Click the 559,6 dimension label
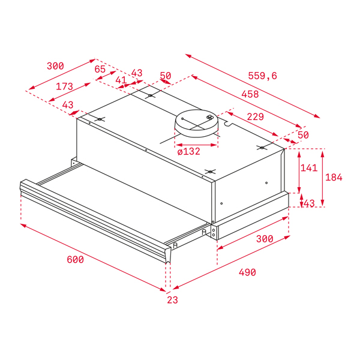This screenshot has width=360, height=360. [262, 76]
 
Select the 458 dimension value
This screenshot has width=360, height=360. [250, 94]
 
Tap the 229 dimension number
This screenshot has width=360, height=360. [256, 117]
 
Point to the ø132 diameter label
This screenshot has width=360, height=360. [189, 151]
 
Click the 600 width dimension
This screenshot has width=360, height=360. [76, 260]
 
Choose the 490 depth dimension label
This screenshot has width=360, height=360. [247, 272]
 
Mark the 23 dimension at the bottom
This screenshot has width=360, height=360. [172, 300]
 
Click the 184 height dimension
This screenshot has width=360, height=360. [334, 177]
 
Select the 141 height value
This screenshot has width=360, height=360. [309, 168]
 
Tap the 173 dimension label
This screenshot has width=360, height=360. [65, 86]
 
